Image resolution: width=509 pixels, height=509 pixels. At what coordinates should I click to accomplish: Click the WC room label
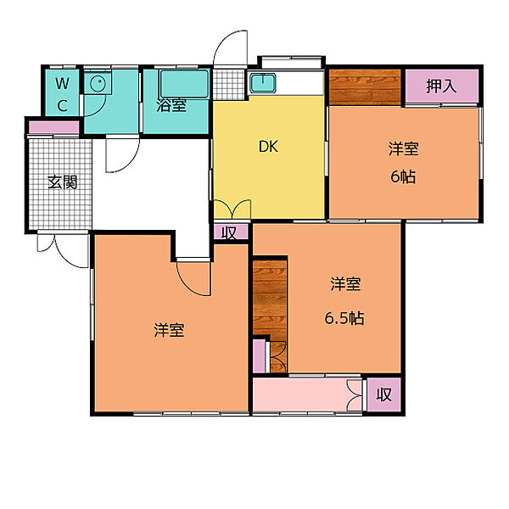click(x=62, y=94)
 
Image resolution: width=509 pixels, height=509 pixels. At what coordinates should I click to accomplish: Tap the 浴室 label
click(x=171, y=105)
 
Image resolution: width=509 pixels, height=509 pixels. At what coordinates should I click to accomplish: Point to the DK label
click(x=268, y=147)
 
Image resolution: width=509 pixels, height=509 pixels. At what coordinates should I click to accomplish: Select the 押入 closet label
click(x=441, y=86)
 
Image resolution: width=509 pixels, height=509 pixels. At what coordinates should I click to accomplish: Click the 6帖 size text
click(x=403, y=177)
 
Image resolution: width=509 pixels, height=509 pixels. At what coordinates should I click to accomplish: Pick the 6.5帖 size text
click(x=344, y=318)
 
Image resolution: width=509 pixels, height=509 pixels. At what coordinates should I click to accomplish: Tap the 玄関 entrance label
click(x=62, y=182)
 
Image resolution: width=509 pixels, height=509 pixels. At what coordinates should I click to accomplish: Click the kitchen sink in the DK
click(x=263, y=83)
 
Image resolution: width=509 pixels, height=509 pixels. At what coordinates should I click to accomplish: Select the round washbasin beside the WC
click(x=98, y=84)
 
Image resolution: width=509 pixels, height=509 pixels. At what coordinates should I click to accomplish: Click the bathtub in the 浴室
click(x=184, y=84)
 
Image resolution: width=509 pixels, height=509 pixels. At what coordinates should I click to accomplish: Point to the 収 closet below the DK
click(x=231, y=232)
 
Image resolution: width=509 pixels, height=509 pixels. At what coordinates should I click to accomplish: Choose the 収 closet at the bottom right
click(x=383, y=394)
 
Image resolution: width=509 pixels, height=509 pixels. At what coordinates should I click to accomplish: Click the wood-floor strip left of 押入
click(x=365, y=87)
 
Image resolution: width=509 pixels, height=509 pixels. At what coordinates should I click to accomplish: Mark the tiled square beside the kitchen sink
click(x=228, y=85)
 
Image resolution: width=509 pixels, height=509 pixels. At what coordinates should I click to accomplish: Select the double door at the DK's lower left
click(x=232, y=210)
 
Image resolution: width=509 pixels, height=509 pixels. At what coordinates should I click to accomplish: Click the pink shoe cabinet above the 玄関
click(x=54, y=127)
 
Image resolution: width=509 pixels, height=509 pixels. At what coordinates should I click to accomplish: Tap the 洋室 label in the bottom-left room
click(x=169, y=330)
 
